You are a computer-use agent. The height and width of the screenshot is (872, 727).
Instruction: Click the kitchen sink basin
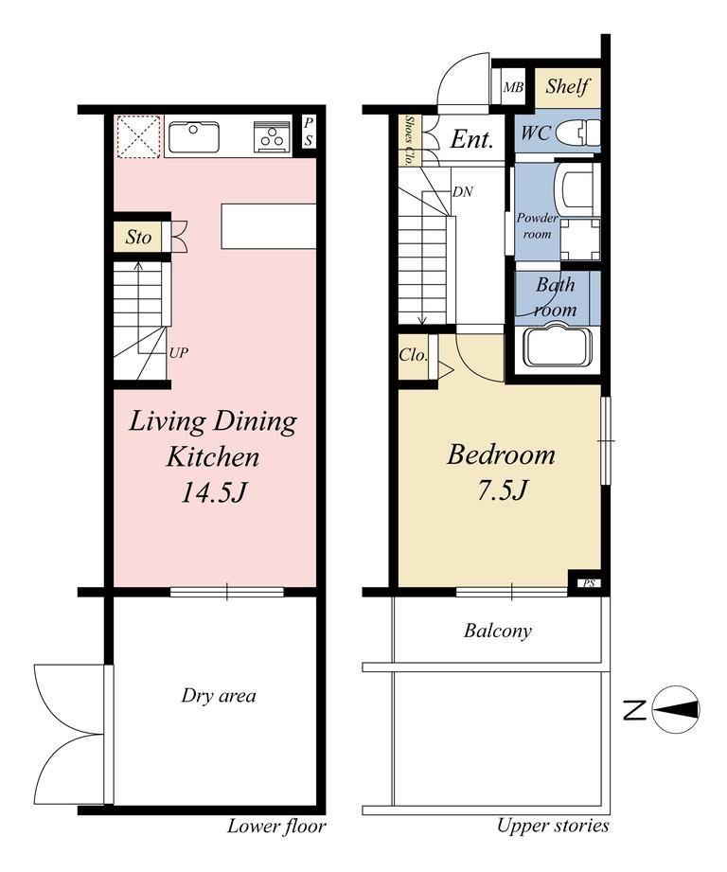point(194,136)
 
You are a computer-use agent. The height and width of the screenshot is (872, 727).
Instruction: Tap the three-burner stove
point(272,136)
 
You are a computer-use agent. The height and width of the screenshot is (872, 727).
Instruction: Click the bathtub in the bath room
point(559,347)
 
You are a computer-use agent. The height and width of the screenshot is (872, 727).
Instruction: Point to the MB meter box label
point(513,87)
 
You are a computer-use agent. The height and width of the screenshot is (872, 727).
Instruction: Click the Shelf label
point(567,86)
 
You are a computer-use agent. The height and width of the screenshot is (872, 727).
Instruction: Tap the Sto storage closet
point(138,237)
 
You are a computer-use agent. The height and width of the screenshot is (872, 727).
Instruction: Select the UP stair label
point(178,352)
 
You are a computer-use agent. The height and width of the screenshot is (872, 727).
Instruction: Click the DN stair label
point(463,192)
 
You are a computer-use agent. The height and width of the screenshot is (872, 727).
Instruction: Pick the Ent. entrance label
point(471,139)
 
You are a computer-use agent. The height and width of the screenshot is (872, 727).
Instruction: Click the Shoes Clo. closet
point(410,140)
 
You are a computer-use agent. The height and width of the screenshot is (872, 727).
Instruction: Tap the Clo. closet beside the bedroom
point(414,355)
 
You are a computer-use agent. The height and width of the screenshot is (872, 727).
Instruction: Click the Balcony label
point(498,631)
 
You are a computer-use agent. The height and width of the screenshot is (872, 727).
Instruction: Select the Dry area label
point(219,696)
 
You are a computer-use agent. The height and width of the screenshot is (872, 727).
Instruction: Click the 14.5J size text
point(213,492)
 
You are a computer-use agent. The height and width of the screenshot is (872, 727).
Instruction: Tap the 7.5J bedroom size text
point(503,489)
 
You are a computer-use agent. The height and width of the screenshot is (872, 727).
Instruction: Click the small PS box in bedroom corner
point(589,583)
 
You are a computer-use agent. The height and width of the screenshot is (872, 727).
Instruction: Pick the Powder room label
point(537,225)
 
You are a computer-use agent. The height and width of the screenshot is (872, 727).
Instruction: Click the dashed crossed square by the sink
point(139,136)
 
